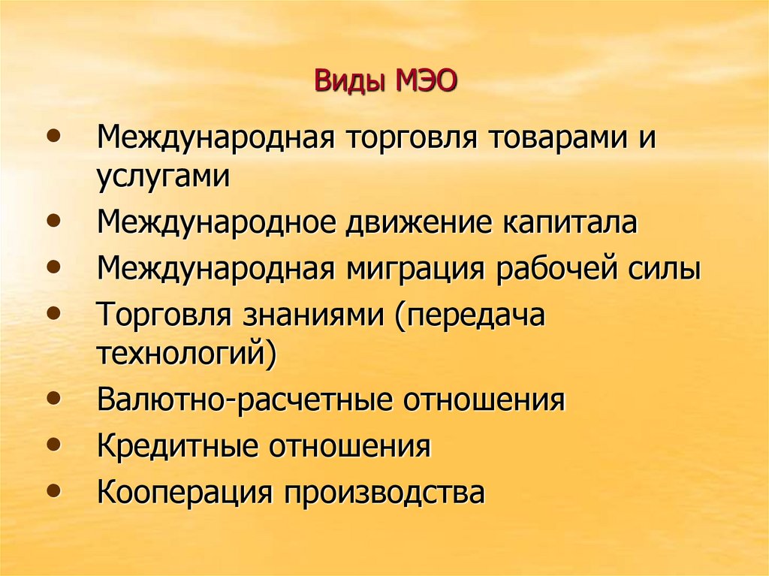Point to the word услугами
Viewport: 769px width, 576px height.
pos(162,178)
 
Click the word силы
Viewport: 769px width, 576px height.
pos(669,269)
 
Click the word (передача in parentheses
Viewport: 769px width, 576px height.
pos(466,315)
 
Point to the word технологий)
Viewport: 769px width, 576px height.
pos(186,353)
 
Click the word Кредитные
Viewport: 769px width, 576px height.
pos(177,446)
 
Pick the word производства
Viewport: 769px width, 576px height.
pos(383,493)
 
